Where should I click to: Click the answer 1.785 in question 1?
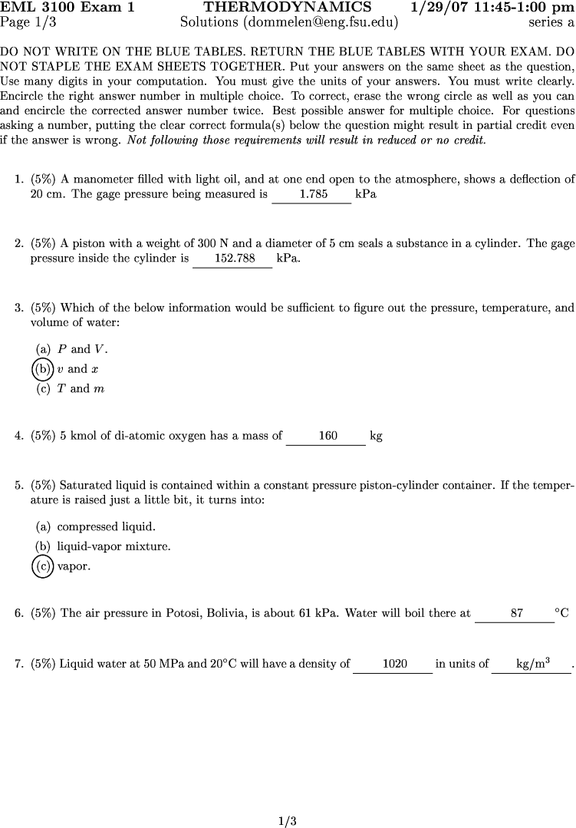(x=313, y=195)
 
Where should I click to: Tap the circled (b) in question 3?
(x=43, y=369)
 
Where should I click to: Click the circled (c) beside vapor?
(x=43, y=567)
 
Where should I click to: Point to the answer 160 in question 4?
(x=327, y=436)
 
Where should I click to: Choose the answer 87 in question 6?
(x=516, y=613)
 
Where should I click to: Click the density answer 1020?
(x=394, y=664)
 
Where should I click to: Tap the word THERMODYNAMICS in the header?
(x=288, y=8)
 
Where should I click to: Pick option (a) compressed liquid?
(x=96, y=527)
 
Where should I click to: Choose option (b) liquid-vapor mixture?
(x=103, y=547)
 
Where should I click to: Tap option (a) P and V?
(x=72, y=349)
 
